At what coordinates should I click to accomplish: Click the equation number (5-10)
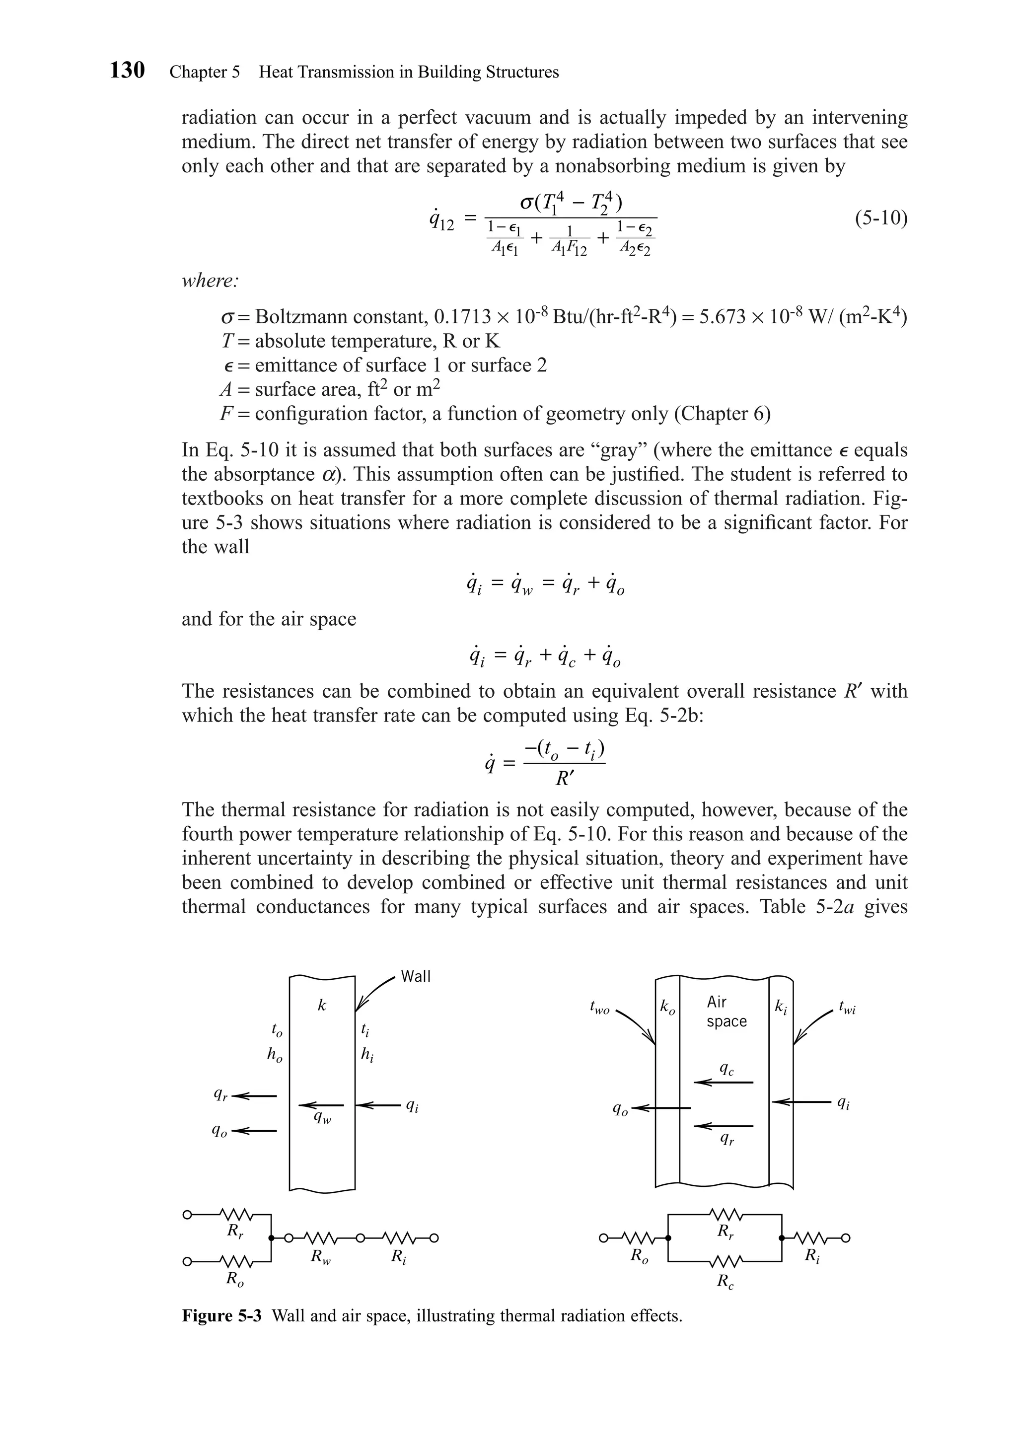[880, 218]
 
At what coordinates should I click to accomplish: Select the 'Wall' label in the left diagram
[416, 976]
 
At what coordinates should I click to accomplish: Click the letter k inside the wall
[321, 1006]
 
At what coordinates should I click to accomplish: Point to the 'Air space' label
[726, 1011]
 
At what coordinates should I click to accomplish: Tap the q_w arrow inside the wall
[321, 1105]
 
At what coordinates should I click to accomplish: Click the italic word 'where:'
[210, 281]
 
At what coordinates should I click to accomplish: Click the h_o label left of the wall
[274, 1054]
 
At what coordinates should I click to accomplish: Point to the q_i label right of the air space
[843, 1103]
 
